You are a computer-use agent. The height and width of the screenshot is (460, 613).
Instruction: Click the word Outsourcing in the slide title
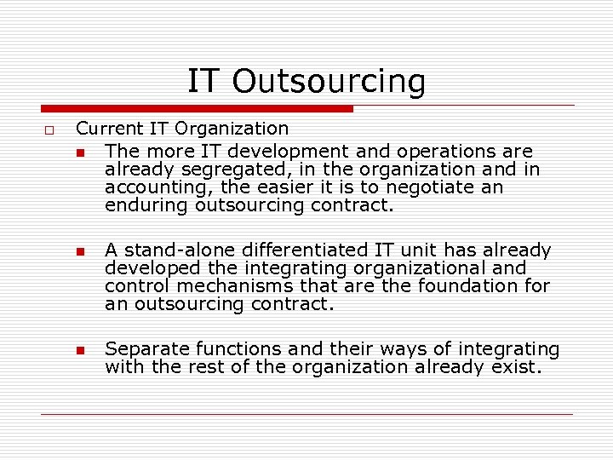(329, 82)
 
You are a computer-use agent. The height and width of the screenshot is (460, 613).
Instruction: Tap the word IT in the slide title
(203, 81)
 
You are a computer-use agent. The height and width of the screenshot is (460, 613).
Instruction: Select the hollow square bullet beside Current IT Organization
(49, 130)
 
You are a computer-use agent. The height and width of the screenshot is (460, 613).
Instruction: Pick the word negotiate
(428, 187)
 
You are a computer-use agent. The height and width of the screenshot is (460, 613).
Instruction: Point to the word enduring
(146, 205)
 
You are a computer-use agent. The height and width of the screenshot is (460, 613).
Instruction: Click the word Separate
(146, 349)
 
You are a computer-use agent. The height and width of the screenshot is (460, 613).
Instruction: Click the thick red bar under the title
(198, 109)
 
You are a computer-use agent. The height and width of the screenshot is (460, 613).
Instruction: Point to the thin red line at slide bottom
(306, 415)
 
